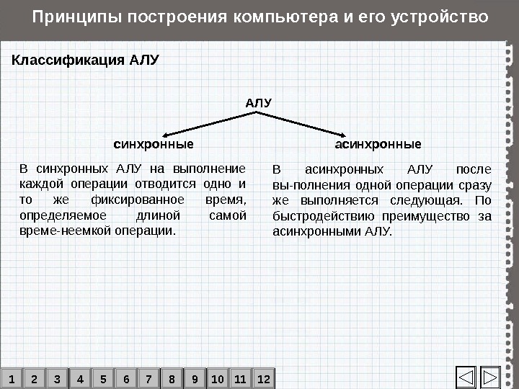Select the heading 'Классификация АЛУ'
pyautogui.click(x=85, y=59)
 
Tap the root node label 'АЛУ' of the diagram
pyautogui.click(x=259, y=102)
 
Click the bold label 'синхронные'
pyautogui.click(x=154, y=144)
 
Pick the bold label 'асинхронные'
pyautogui.click(x=378, y=144)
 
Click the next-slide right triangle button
pyautogui.click(x=491, y=377)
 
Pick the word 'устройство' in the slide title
pyautogui.click(x=438, y=16)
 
